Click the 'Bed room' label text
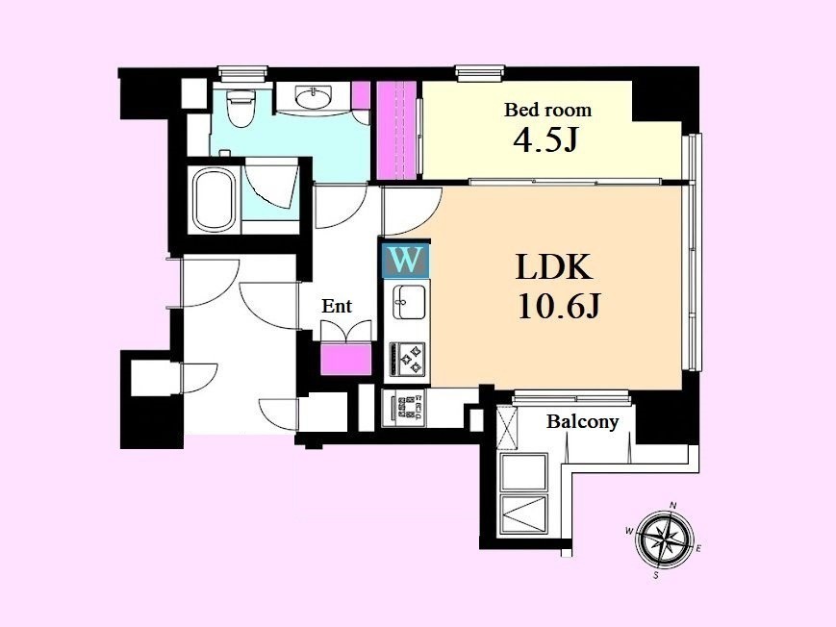pyautogui.click(x=547, y=111)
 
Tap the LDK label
pyautogui.click(x=554, y=267)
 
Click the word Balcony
pyautogui.click(x=582, y=422)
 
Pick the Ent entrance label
pyautogui.click(x=337, y=306)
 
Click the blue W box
pyautogui.click(x=406, y=261)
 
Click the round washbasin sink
pyautogui.click(x=312, y=97)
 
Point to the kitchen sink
pyautogui.click(x=409, y=302)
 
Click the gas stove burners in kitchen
pyautogui.click(x=407, y=359)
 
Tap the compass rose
pyautogui.click(x=666, y=537)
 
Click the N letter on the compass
pyautogui.click(x=673, y=505)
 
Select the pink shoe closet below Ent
pyautogui.click(x=346, y=359)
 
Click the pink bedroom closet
pyautogui.click(x=396, y=131)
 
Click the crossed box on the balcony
pyautogui.click(x=506, y=428)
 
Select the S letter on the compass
pyautogui.click(x=656, y=575)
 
